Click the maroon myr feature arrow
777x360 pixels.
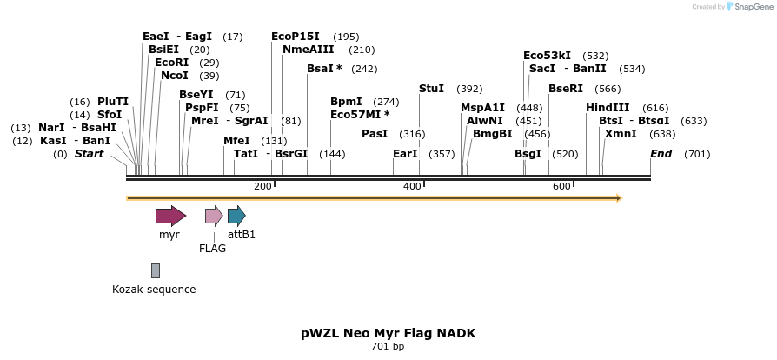pos(170,216)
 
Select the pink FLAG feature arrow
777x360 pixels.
pos(214,216)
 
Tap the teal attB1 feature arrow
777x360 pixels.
pos(236,216)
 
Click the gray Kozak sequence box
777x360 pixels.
pos(156,270)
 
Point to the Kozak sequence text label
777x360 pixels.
pos(154,290)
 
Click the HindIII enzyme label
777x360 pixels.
pos(608,107)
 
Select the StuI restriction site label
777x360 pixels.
pos(431,89)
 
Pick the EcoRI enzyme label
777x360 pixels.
pos(171,63)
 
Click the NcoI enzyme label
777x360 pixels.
pos(174,76)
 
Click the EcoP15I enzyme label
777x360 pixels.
pos(296,37)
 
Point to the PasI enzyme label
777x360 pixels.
pos(375,134)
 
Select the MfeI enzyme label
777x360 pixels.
pos(236,141)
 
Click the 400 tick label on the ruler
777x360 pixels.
pos(412,187)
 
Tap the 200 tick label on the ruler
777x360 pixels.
pos(262,187)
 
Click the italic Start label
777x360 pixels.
pos(89,154)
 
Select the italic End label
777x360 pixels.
pos(661,154)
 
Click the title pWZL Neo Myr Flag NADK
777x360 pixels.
pos(388,333)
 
